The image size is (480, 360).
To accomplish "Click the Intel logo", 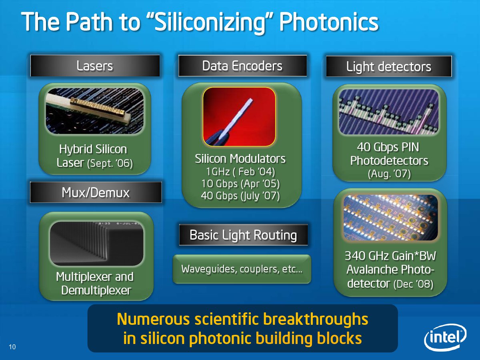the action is pos(445,337).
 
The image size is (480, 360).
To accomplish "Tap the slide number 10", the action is pos(12,347).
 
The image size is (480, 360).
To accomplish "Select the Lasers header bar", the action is pos(95,66).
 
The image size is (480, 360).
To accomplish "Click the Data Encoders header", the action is pos(242,66).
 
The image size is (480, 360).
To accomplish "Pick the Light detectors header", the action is pos(389,66).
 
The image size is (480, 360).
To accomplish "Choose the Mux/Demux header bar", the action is pos(96,192).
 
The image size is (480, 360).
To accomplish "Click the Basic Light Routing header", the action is pos(243,235).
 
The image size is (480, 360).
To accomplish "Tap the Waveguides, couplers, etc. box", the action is pos(242,269).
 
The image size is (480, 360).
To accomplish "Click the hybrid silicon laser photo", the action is pos(95,111).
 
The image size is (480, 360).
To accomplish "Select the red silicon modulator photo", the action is pos(239,117).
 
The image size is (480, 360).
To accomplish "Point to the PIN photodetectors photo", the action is pos(389,112).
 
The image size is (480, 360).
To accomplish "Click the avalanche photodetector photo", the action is pos(390,218).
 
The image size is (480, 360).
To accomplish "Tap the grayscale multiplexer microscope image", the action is pos(96,244).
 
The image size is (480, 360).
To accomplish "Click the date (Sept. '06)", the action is pos(110,163).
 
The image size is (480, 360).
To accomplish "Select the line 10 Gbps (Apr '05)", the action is pos(240,184).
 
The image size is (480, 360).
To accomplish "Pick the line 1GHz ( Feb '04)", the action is pos(240,172).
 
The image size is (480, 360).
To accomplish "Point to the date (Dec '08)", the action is pos(413,284).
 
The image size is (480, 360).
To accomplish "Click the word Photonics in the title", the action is pos(329,22).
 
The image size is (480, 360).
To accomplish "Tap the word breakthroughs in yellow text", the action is pos(316,319).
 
